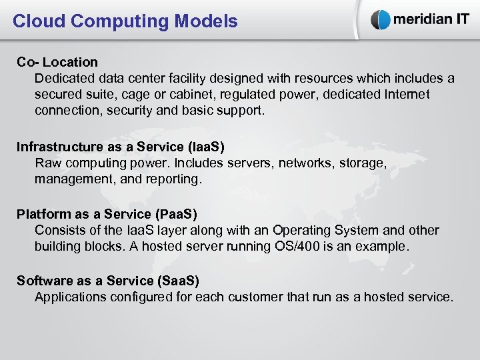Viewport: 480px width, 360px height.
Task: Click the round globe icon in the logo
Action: coord(381,19)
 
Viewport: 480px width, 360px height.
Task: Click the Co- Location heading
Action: coord(57,62)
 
